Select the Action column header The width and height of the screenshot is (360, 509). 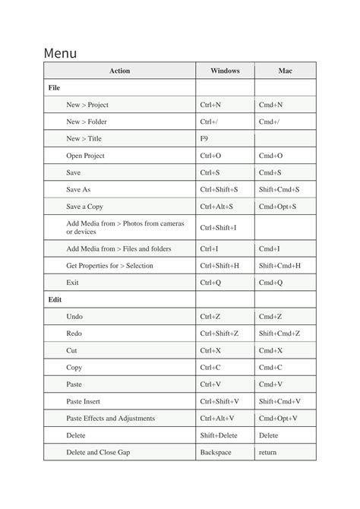click(x=119, y=71)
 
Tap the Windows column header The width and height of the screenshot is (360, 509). click(x=224, y=71)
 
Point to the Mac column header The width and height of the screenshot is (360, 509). click(x=285, y=71)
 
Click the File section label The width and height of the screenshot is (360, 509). click(x=54, y=88)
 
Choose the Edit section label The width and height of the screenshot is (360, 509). click(x=55, y=299)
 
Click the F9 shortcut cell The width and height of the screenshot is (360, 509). click(x=204, y=139)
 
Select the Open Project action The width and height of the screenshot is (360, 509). click(x=85, y=156)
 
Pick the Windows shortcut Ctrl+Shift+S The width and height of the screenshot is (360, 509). click(x=219, y=189)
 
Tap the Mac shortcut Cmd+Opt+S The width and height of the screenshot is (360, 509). click(x=277, y=207)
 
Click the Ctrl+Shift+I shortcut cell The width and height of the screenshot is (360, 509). click(x=218, y=227)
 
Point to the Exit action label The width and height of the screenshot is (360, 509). click(x=73, y=283)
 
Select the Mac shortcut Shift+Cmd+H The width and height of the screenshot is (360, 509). click(x=279, y=266)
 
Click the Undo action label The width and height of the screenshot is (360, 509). click(x=74, y=317)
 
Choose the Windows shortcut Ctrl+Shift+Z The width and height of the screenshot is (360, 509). click(x=219, y=334)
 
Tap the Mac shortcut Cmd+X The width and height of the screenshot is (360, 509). click(x=270, y=351)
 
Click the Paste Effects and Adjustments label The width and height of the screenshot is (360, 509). click(x=110, y=419)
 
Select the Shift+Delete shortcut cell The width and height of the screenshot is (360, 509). click(x=218, y=436)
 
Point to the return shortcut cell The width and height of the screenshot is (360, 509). click(x=267, y=453)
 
